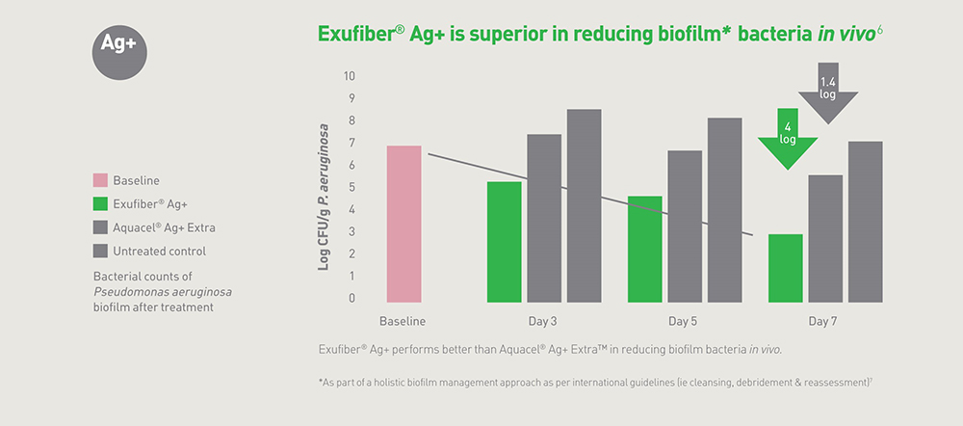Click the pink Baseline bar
(403, 224)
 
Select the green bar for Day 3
(505, 242)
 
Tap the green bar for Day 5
(645, 249)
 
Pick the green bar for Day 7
(786, 268)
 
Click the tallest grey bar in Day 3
(585, 206)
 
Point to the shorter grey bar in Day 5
(685, 226)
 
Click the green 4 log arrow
(788, 139)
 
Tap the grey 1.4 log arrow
(828, 93)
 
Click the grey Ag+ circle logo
(119, 53)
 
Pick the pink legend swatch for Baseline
(100, 181)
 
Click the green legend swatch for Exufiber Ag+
(100, 204)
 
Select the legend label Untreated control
(160, 252)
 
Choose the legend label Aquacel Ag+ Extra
(164, 228)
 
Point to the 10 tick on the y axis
(351, 77)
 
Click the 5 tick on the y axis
(351, 188)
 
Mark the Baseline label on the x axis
(403, 322)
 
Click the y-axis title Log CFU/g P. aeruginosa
(324, 198)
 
